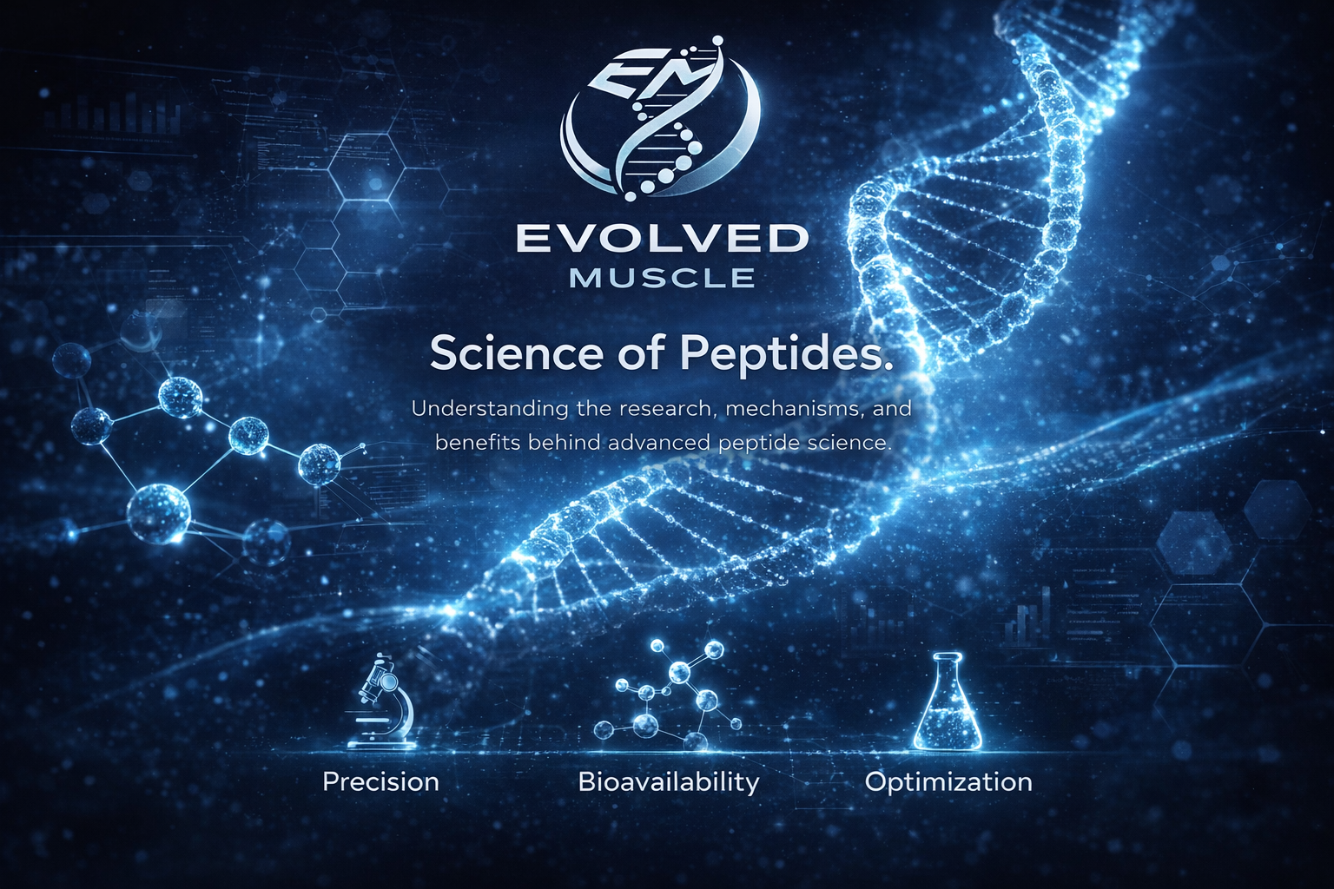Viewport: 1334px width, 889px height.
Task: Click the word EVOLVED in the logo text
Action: pos(663,240)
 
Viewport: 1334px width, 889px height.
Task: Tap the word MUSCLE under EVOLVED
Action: pos(663,278)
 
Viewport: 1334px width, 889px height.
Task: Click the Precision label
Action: pos(380,782)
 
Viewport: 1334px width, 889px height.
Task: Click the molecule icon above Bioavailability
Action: pos(668,695)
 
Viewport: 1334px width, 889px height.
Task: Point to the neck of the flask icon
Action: pos(948,669)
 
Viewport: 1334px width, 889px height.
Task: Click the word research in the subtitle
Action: pos(658,411)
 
